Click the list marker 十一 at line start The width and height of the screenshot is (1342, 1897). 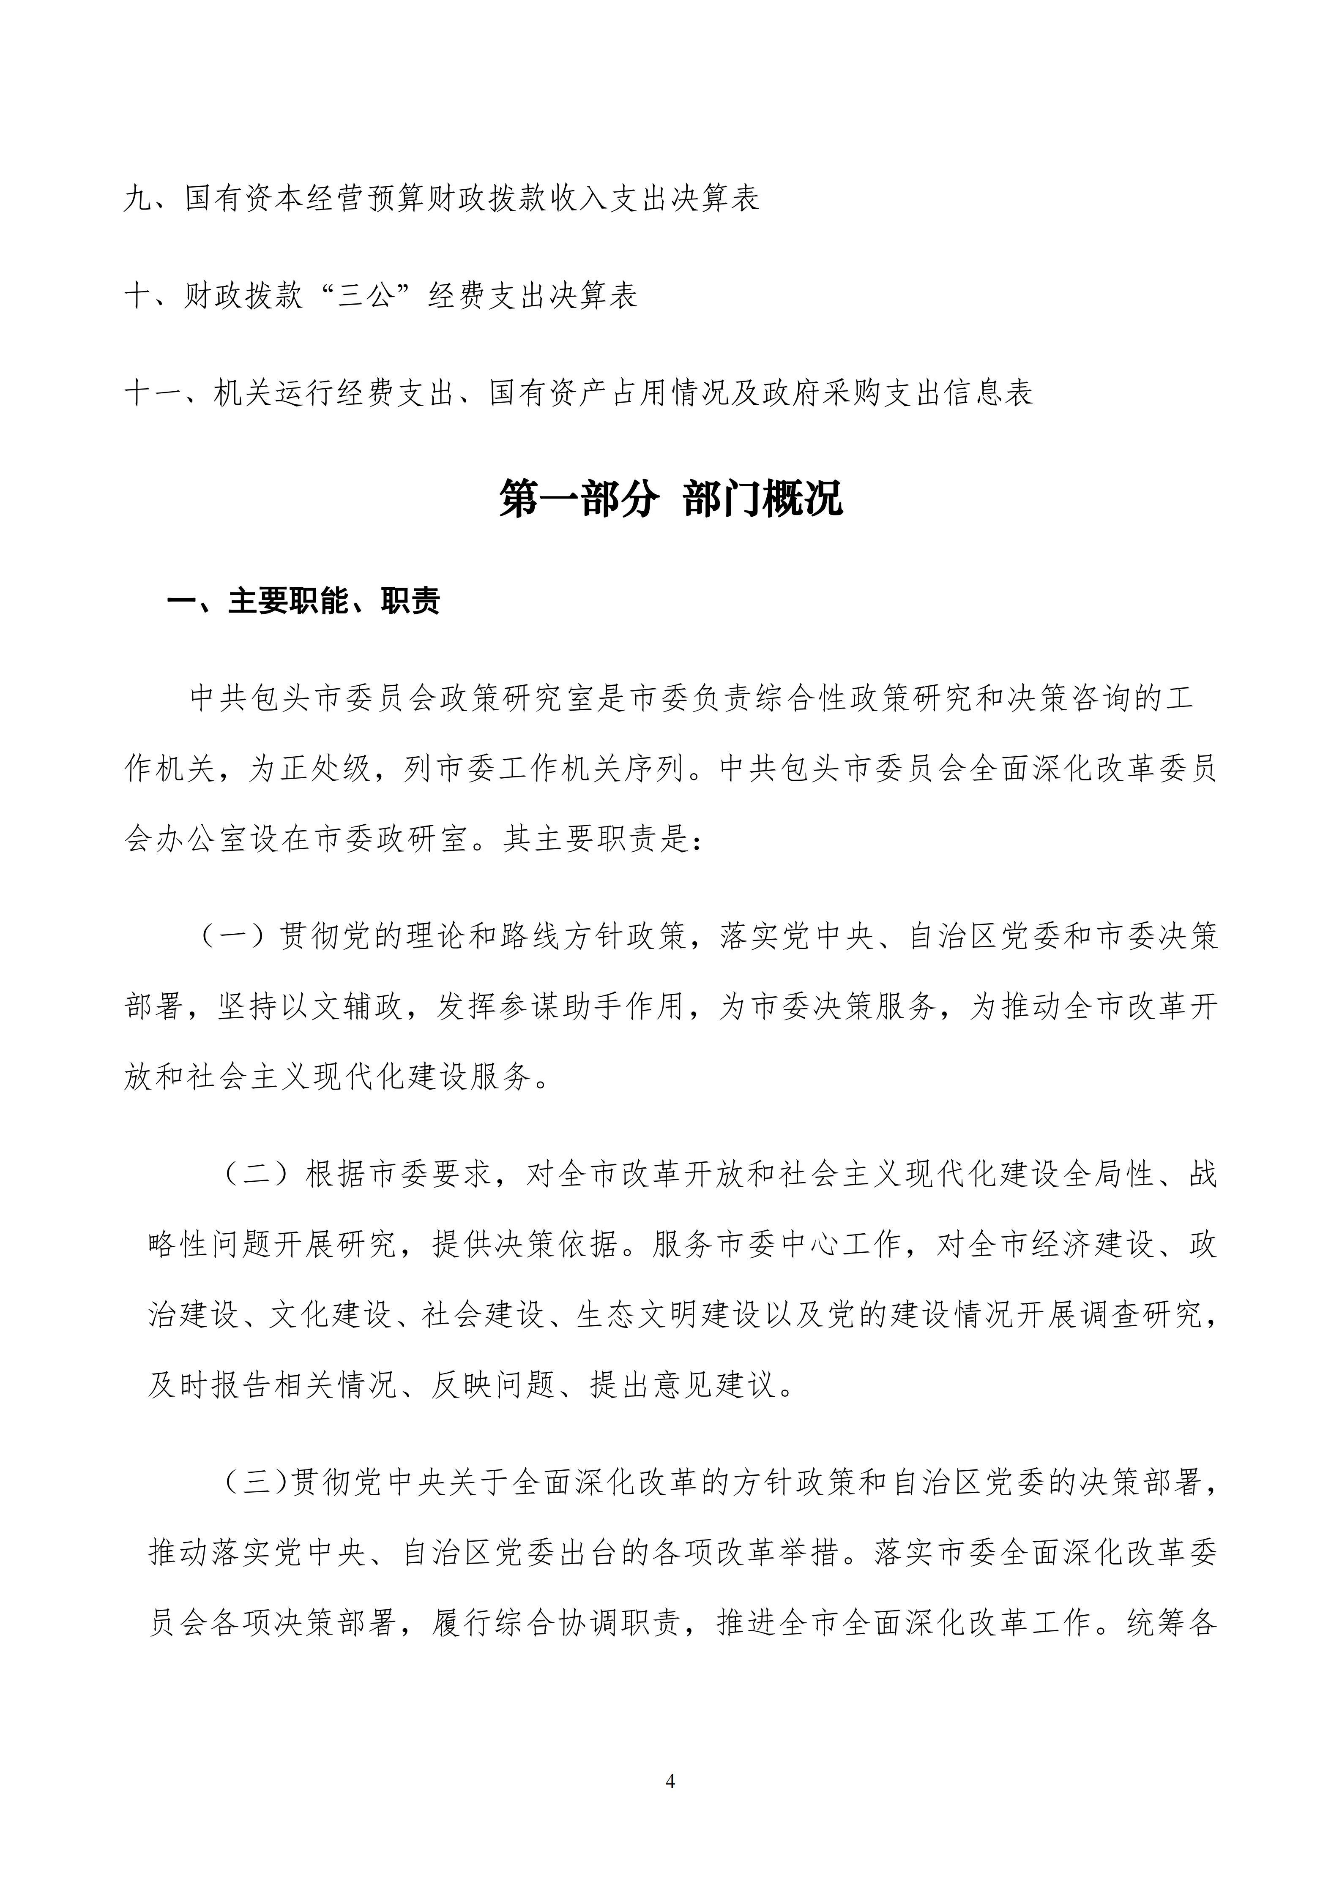pyautogui.click(x=153, y=393)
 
